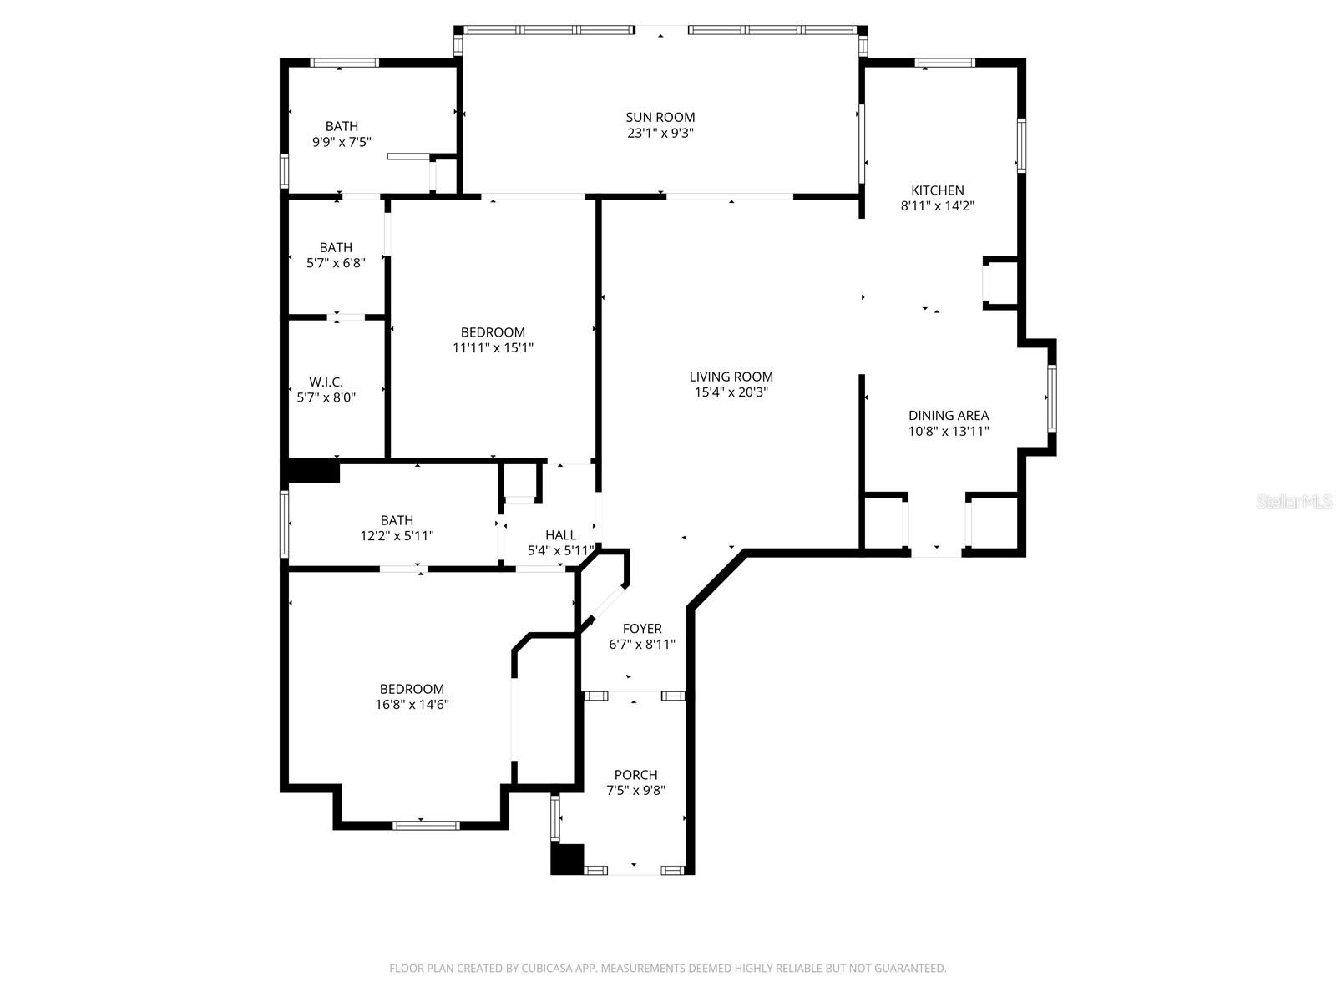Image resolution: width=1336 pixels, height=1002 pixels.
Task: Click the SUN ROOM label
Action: tap(660, 117)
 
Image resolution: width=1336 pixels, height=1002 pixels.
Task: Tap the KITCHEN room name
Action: tap(937, 190)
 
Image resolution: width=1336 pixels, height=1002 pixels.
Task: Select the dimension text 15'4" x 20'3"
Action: tap(731, 392)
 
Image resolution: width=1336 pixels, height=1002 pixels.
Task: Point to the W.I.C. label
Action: tap(326, 382)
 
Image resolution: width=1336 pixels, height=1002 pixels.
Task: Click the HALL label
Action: tap(560, 535)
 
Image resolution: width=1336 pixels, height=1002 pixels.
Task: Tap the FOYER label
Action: tap(642, 629)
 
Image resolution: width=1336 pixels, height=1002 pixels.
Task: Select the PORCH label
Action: tap(635, 775)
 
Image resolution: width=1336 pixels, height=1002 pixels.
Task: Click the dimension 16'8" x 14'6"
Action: tap(412, 704)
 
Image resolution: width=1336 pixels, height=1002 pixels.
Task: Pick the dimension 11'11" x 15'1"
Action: tap(493, 347)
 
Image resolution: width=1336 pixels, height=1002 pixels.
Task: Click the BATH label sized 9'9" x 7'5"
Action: tap(342, 127)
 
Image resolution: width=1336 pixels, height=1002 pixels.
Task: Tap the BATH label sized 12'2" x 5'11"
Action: tap(397, 520)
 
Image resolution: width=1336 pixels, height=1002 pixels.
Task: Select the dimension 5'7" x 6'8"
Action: tap(336, 263)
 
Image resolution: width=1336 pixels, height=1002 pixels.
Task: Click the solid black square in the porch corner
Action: tap(567, 859)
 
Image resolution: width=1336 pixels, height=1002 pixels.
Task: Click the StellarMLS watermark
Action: tap(1293, 502)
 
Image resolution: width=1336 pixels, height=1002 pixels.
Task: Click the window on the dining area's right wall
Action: tap(1051, 398)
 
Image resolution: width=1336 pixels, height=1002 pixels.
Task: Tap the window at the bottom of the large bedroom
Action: tap(426, 825)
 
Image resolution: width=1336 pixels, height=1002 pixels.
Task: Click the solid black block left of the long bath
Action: tap(313, 471)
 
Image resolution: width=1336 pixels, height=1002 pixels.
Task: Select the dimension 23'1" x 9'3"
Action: tap(660, 133)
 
